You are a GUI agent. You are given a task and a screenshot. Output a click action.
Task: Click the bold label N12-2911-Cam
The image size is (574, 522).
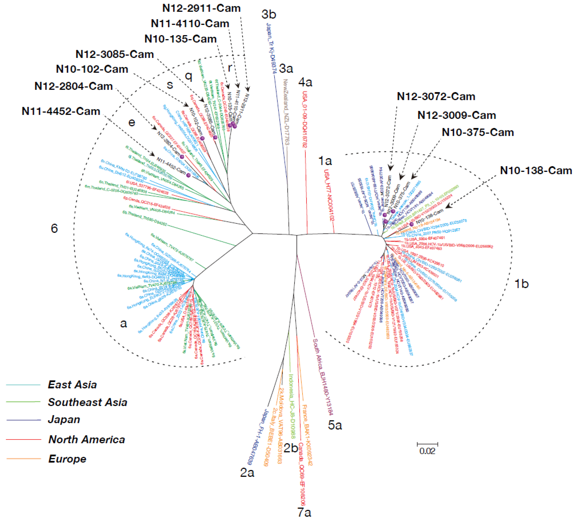point(201,8)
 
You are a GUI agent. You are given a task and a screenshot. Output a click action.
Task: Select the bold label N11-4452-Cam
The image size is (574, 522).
point(61,111)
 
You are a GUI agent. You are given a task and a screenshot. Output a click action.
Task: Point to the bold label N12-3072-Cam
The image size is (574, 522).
point(436,97)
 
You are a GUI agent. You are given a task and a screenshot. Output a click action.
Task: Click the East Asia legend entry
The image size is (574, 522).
point(72,385)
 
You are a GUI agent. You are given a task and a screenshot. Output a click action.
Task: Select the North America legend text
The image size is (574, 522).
point(87,439)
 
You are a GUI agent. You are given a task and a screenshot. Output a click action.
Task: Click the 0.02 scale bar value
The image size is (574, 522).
point(427,451)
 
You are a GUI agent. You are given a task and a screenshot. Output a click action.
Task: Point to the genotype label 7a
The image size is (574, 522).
point(304,512)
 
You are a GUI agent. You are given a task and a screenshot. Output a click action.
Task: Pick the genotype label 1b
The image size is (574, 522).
point(521,284)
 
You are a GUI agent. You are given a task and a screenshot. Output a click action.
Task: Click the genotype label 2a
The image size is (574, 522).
point(247,472)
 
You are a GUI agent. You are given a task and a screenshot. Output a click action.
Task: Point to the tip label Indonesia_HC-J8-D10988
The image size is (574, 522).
point(292,406)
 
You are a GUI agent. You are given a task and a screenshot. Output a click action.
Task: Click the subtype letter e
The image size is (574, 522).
point(132,123)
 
